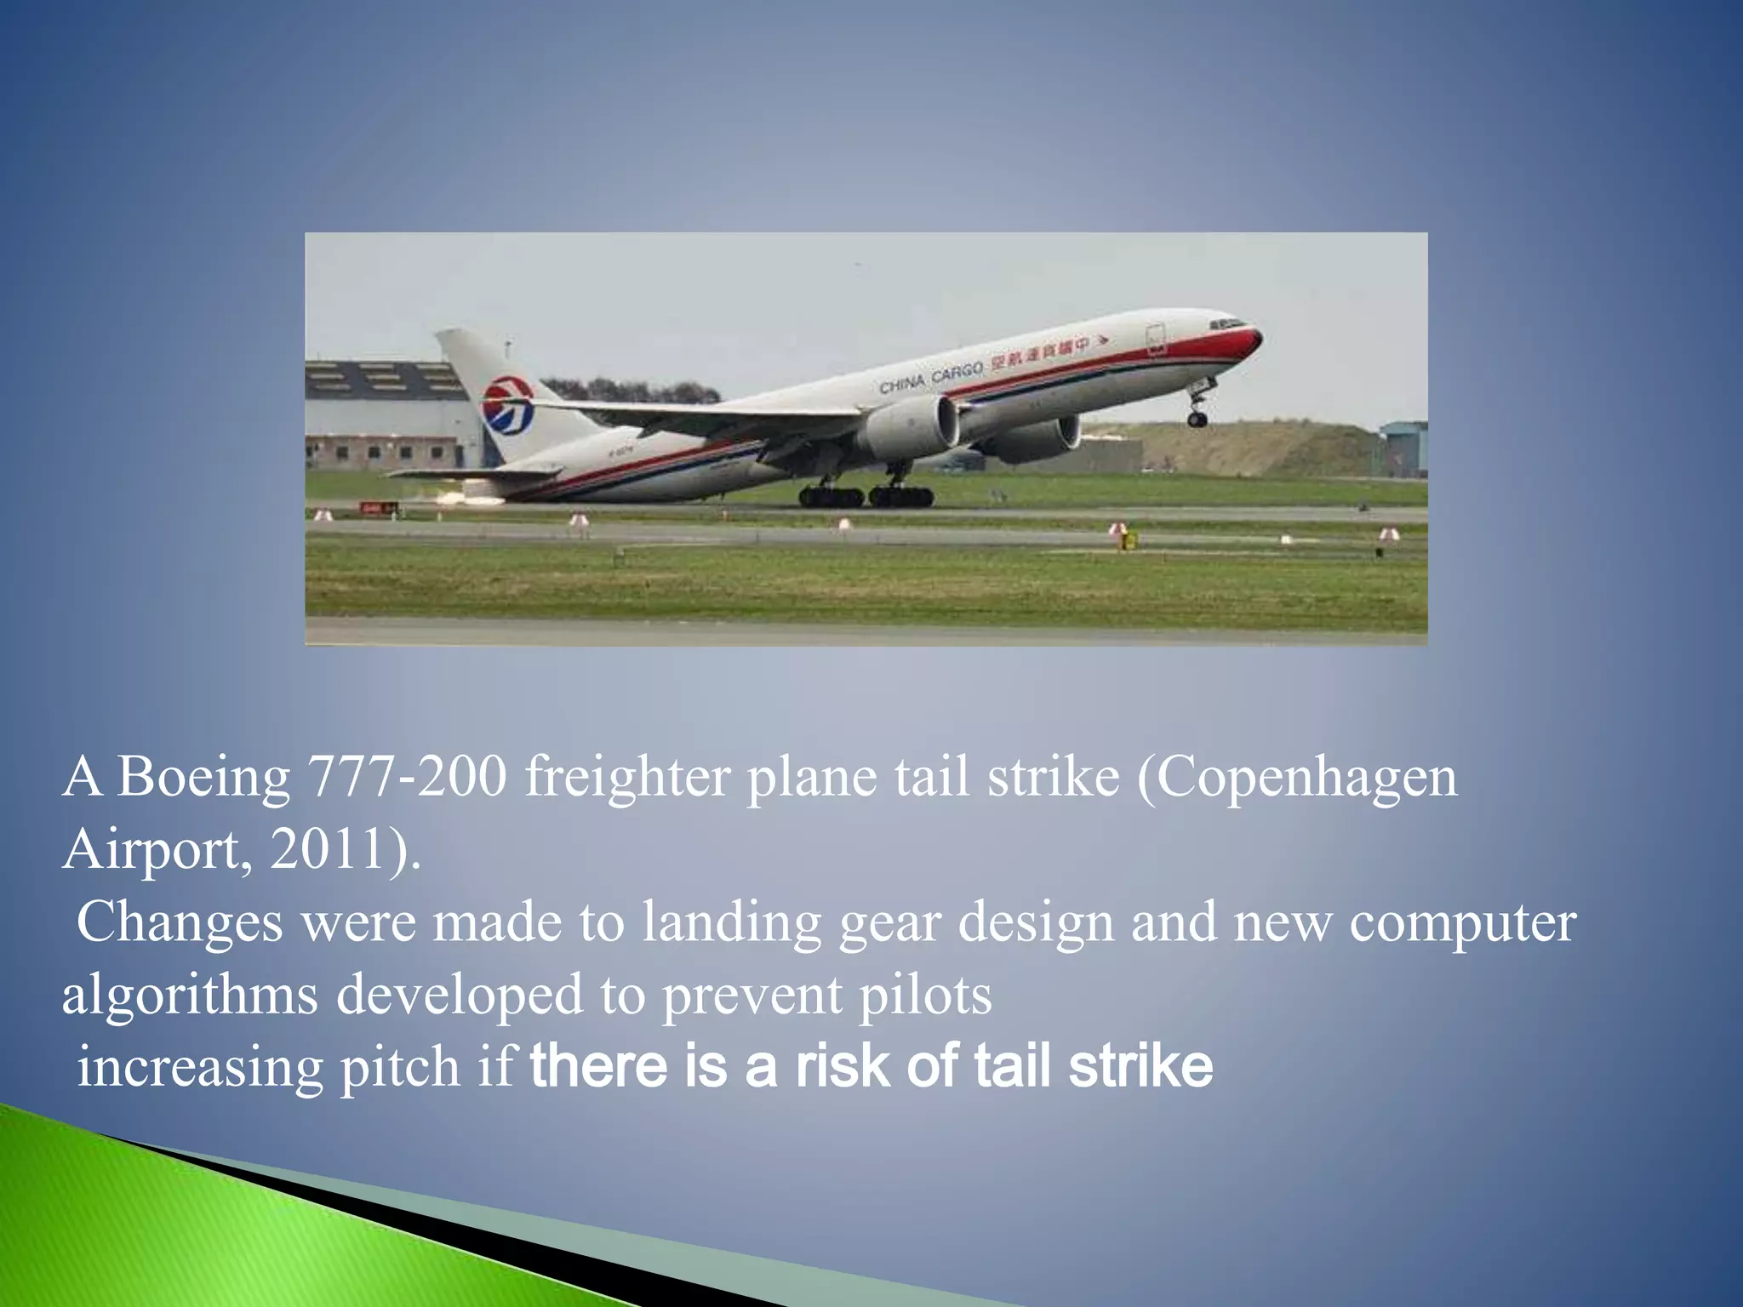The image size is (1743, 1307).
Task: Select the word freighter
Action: click(x=627, y=778)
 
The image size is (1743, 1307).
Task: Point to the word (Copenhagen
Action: click(x=1297, y=778)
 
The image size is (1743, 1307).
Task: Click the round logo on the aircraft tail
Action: click(x=508, y=406)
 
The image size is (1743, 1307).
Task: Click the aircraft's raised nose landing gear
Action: click(x=1198, y=407)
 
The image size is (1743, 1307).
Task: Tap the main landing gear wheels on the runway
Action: click(x=866, y=496)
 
